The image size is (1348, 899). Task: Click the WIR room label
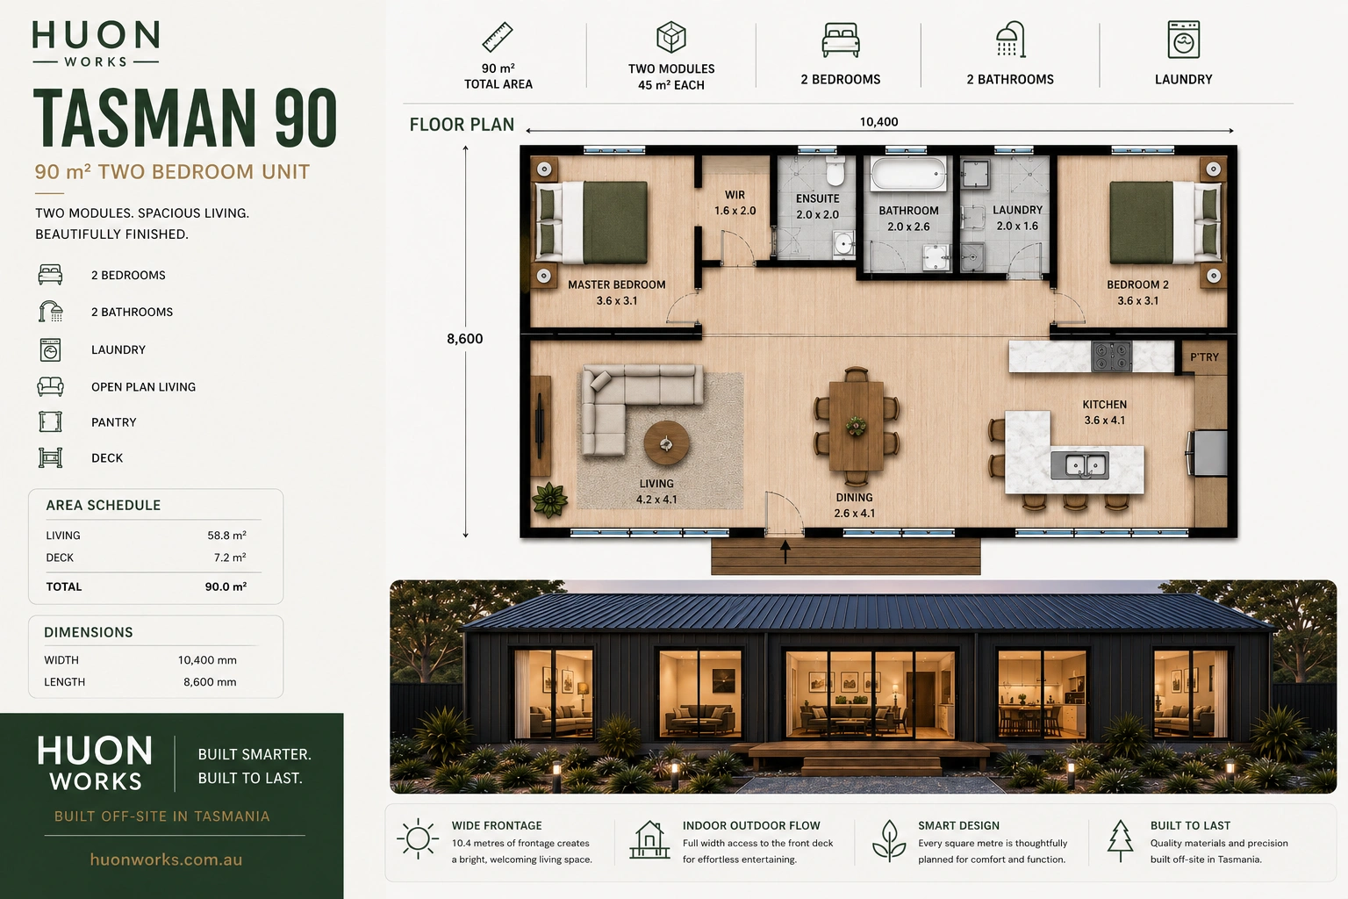click(x=735, y=195)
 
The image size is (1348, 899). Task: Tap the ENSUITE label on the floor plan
click(x=817, y=198)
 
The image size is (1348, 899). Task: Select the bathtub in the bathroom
click(x=908, y=174)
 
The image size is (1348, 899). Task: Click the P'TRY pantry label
click(x=1204, y=357)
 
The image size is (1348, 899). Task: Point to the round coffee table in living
click(x=666, y=443)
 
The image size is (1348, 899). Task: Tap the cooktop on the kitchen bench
click(x=1112, y=356)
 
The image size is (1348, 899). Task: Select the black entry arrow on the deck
click(x=785, y=551)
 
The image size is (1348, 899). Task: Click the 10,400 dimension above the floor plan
click(x=878, y=122)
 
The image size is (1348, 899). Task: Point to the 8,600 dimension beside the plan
click(x=464, y=339)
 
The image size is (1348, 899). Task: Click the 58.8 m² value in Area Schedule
click(x=227, y=536)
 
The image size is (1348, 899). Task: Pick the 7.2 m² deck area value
click(x=230, y=557)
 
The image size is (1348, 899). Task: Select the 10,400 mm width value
click(x=207, y=660)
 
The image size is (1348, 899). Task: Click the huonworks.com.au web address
click(x=166, y=859)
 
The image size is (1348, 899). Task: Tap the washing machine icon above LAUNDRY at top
click(x=1183, y=40)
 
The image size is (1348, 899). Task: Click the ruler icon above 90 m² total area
click(x=498, y=38)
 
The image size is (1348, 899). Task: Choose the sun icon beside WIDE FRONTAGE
click(x=418, y=838)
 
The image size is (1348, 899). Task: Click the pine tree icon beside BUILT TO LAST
click(x=1120, y=840)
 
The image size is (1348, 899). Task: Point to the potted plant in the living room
click(x=550, y=500)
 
